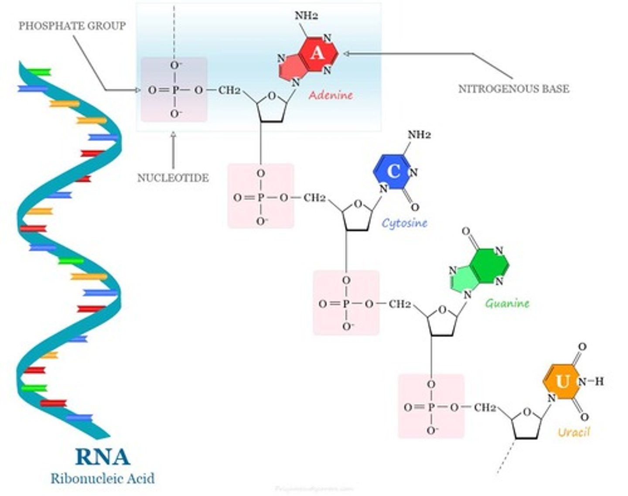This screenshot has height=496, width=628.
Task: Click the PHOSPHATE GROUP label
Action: [72, 26]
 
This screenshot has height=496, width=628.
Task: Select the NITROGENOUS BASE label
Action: [513, 89]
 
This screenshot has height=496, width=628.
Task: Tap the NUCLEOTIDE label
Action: [173, 178]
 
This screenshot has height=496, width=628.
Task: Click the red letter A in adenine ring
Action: [317, 53]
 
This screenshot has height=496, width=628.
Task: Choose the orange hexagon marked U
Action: [562, 382]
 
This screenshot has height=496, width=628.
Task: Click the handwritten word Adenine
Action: [331, 95]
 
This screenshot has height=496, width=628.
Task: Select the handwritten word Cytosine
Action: [404, 223]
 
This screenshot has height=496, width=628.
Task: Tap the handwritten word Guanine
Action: [507, 303]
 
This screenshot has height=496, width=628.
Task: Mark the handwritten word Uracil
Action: [573, 432]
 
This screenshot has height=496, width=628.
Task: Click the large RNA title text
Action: [102, 457]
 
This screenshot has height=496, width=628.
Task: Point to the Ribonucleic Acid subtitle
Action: [102, 478]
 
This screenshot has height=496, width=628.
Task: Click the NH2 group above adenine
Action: [306, 16]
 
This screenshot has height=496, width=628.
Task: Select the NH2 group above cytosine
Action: [419, 134]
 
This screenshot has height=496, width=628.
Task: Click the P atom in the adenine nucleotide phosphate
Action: [175, 90]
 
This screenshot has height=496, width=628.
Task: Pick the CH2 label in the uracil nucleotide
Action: [485, 407]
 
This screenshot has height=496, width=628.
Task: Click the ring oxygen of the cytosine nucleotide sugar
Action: [358, 204]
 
